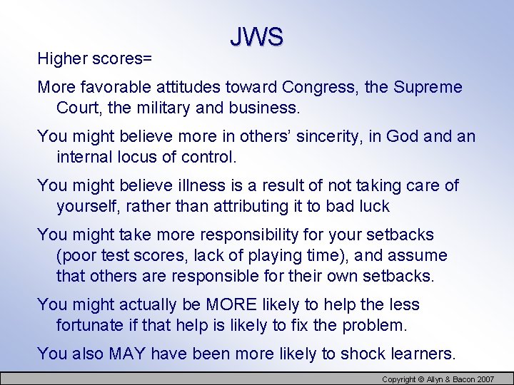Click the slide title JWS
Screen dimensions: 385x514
pos(257,37)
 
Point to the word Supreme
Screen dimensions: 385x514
pos(428,88)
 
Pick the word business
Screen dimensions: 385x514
pos(271,108)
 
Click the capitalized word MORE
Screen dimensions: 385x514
pos(231,304)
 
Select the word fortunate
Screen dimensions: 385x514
pos(89,326)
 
